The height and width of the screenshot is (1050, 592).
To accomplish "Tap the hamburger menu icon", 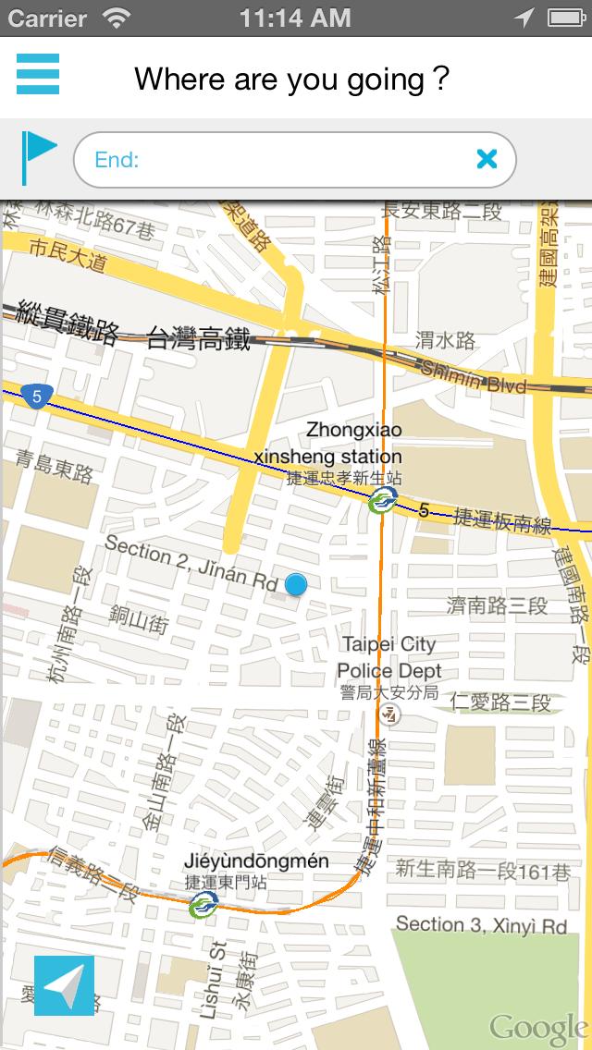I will coord(38,74).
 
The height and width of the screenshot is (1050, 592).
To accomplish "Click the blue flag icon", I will coord(39,157).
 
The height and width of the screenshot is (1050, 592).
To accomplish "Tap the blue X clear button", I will coord(487,159).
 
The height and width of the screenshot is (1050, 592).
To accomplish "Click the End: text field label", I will coord(117,160).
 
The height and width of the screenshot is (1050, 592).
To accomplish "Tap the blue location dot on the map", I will coord(296,584).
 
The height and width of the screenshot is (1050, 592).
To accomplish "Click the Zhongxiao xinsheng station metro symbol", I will coord(382,502).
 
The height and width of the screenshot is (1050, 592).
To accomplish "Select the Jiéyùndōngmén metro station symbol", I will coord(203,905).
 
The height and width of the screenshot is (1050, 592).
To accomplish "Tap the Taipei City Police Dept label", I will coord(388,657).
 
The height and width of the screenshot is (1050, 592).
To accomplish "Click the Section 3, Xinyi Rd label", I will coord(481,925).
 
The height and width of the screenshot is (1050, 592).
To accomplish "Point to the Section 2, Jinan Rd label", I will coord(191,564).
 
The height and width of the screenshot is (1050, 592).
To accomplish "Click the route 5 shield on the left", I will coord(36,397).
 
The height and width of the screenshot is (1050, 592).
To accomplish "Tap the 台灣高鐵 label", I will coord(199,339).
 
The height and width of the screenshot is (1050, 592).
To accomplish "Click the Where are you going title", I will coord(292,79).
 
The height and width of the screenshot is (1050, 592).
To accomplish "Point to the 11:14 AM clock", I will coord(295,18).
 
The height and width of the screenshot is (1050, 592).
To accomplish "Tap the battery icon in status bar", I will coord(567,18).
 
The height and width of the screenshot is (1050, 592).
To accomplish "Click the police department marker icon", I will coord(391,714).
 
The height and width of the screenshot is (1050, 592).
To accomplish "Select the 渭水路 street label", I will coord(445,341).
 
